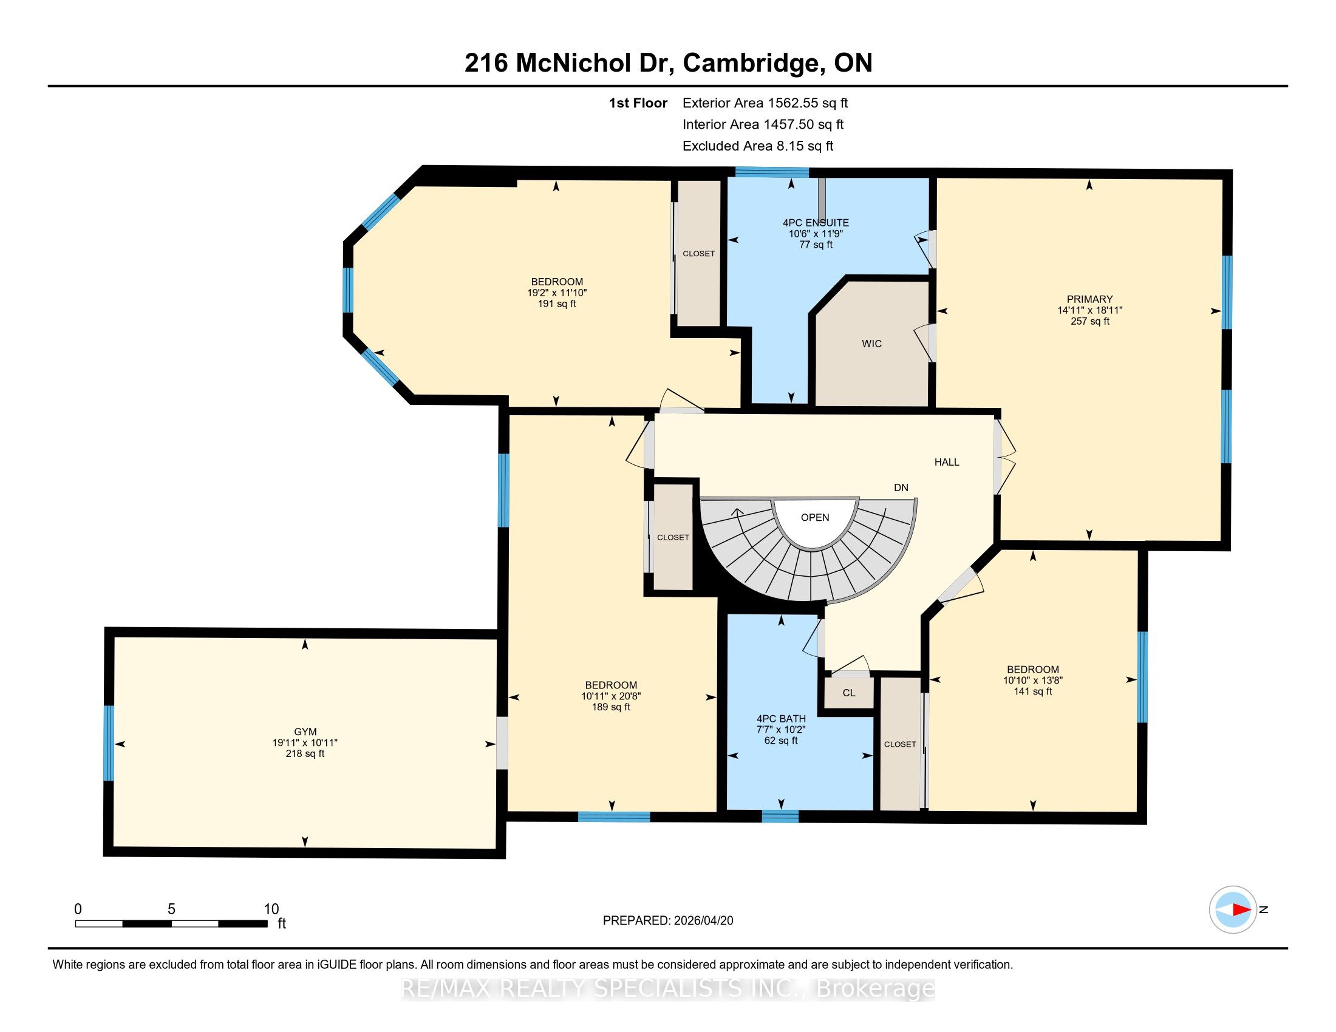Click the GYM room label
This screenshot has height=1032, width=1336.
(305, 732)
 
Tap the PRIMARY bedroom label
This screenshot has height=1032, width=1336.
(1089, 299)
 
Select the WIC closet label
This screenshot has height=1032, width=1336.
(871, 344)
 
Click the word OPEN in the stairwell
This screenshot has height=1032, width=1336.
(815, 517)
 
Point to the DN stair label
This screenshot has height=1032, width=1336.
(901, 488)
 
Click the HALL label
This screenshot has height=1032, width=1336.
(946, 462)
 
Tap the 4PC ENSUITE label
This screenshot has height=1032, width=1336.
(816, 223)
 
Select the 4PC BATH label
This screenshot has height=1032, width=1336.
(781, 719)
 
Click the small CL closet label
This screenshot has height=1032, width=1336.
(848, 693)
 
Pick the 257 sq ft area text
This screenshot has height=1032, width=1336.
(1089, 321)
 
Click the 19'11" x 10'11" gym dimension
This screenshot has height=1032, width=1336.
(305, 743)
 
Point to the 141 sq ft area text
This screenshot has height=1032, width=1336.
(1032, 691)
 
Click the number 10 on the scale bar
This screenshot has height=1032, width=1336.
(271, 909)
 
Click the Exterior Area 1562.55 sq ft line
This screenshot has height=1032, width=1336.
(765, 103)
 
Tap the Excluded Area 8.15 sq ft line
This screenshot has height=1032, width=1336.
(758, 146)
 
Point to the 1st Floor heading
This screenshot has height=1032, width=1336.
(638, 103)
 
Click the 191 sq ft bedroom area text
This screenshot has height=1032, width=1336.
(557, 304)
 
